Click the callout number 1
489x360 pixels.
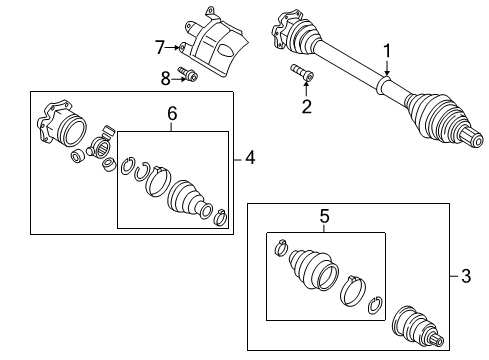point(387,51)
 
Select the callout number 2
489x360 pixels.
point(306,106)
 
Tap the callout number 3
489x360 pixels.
point(466,276)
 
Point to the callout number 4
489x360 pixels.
point(250,157)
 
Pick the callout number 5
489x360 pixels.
point(324,216)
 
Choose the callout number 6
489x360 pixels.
point(172,114)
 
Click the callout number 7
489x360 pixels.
point(160,47)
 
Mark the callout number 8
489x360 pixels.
point(166,79)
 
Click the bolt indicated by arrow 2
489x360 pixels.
point(302,72)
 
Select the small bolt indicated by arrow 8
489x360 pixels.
point(188,74)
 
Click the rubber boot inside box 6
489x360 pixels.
point(189,199)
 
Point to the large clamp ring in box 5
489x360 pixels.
point(353,291)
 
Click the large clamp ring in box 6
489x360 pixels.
point(158,181)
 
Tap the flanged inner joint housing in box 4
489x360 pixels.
point(62,123)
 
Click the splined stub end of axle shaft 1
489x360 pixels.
point(472,137)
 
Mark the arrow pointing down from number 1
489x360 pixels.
point(387,68)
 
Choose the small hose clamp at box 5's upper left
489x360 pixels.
point(281,248)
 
